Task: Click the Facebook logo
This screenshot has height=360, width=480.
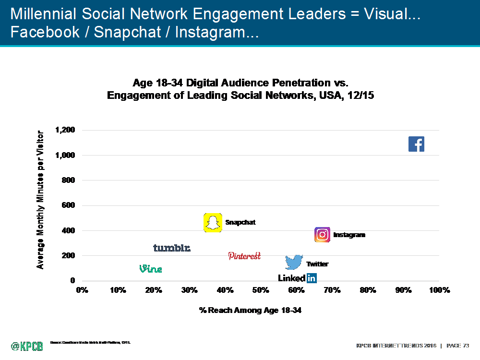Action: coord(416,144)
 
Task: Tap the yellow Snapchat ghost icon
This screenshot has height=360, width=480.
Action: coord(213,223)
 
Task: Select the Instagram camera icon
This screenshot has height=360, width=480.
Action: coord(322,235)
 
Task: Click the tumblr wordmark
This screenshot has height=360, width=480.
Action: coord(172,248)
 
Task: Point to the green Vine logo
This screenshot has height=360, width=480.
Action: coord(151,269)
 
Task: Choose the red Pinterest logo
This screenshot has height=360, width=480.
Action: coord(244,256)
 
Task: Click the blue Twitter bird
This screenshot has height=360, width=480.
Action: coord(294,263)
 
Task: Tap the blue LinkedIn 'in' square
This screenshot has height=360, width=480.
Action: coord(312,278)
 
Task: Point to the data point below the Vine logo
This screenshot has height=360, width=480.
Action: coord(154,278)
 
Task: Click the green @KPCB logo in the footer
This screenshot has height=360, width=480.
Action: coord(27,346)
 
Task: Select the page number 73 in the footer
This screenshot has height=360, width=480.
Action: coord(466,346)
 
